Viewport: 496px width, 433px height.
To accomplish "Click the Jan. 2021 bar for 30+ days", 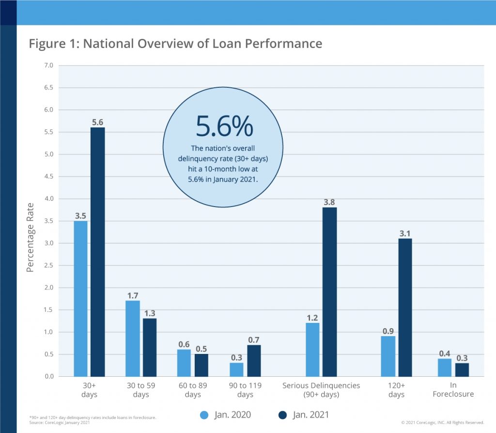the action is [x=98, y=252].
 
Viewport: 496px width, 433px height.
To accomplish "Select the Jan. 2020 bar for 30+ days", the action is [x=81, y=299].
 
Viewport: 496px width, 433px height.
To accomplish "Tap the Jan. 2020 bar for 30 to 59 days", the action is [x=133, y=338].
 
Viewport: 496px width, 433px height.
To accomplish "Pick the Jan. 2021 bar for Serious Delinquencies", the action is [x=330, y=292].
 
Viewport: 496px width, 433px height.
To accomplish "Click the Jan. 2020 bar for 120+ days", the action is [x=388, y=356].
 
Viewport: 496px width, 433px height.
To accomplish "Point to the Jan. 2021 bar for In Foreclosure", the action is [x=462, y=369].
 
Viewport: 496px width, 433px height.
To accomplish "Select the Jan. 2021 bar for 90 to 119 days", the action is [x=254, y=361].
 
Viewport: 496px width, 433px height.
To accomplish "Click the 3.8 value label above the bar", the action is [x=329, y=202].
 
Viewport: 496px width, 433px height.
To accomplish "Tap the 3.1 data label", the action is [x=405, y=233].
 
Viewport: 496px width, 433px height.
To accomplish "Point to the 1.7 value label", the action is [x=133, y=295].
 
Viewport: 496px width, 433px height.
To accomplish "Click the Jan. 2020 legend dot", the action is [x=204, y=415].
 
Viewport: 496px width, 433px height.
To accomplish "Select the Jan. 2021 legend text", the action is [x=310, y=415].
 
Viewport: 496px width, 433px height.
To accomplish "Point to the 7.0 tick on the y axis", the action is [x=49, y=65].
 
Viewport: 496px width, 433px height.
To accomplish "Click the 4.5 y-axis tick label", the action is [x=49, y=176].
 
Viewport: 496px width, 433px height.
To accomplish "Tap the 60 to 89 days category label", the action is [x=193, y=390].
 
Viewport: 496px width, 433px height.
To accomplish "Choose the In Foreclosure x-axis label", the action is [x=453, y=390].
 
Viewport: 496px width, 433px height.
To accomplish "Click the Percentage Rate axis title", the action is [x=30, y=237].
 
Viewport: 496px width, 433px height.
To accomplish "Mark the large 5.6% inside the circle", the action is [x=224, y=126].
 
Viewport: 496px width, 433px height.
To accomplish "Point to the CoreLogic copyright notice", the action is [x=443, y=422].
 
